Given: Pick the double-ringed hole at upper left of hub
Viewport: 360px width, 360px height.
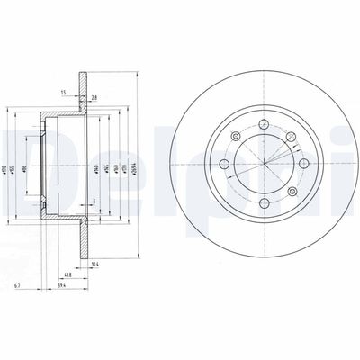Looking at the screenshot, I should coord(234,138).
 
